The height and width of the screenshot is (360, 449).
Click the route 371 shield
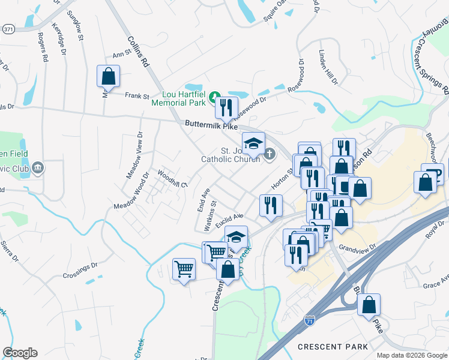[x=7, y=29]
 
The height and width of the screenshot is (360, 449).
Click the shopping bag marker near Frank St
[x=108, y=76]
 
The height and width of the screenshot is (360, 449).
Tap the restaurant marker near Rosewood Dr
[x=226, y=108]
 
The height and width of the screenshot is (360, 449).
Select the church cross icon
[x=270, y=154]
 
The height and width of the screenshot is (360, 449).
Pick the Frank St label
[x=137, y=95]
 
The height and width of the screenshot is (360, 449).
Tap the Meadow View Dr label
[x=134, y=155]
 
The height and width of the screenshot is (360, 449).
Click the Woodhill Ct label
[x=172, y=178]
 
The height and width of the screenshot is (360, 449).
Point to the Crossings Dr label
[x=80, y=271]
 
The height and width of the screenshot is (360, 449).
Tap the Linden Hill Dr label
[x=329, y=67]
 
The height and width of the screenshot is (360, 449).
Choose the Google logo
[x=20, y=353]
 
